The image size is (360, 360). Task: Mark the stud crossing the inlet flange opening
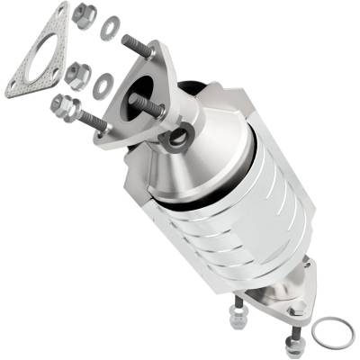[149, 105]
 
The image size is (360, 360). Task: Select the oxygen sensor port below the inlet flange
[178, 137]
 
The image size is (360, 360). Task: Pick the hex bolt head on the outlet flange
[298, 310]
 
